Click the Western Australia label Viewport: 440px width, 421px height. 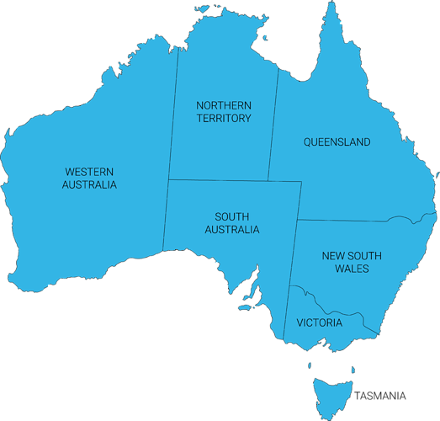(x=89, y=178)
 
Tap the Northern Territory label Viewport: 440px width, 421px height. (x=223, y=112)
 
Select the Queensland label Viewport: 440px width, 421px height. (x=337, y=142)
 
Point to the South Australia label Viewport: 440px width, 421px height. (x=231, y=222)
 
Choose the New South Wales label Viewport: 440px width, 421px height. (x=352, y=262)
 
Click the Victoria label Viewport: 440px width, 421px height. (x=319, y=322)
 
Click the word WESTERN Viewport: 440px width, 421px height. (x=89, y=171)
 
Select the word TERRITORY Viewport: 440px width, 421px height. (x=223, y=119)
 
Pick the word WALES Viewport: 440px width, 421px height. (x=352, y=269)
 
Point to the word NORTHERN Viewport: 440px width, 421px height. (x=223, y=105)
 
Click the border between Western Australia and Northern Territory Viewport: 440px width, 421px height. (x=173, y=118)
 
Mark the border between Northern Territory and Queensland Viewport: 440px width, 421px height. (x=273, y=126)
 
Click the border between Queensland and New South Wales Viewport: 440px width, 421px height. (x=353, y=221)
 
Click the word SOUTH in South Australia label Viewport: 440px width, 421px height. (x=231, y=216)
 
